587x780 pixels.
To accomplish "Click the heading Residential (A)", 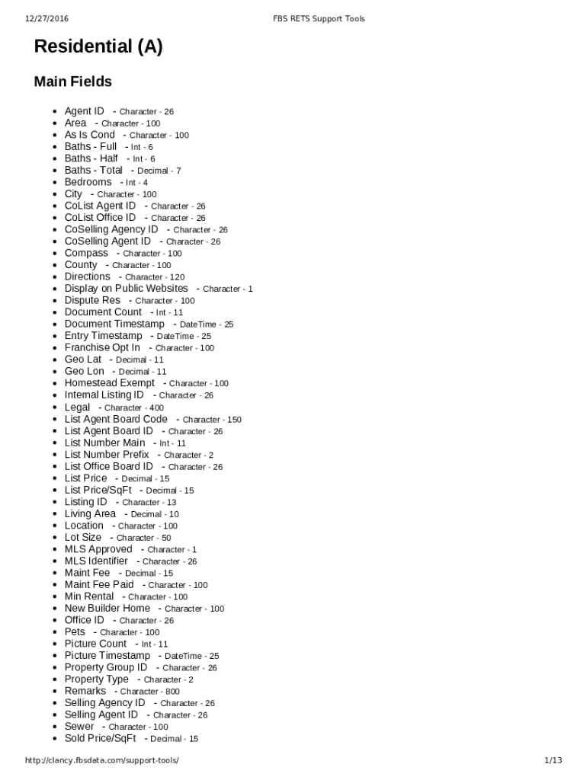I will click(98, 47).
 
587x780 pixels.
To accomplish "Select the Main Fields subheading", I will click(73, 82).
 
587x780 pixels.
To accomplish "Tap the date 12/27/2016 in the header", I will click(47, 18).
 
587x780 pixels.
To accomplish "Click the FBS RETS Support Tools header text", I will click(319, 18).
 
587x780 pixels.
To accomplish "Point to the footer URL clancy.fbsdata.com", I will click(102, 760).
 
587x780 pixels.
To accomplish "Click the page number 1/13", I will click(553, 760).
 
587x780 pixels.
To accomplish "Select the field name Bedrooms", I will click(88, 182).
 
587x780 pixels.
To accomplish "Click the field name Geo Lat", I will click(83, 360).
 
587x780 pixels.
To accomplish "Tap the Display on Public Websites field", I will click(126, 289).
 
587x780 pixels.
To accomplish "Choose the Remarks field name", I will click(85, 691).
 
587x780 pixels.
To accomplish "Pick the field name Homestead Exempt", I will click(110, 383).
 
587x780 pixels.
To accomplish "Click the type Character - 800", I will click(150, 692).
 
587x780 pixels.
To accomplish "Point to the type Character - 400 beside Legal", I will click(134, 408).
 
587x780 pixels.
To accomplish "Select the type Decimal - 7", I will click(159, 171).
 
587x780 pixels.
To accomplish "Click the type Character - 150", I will click(212, 420).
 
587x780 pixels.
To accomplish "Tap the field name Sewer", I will click(79, 727).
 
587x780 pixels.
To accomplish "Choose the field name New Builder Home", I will click(107, 608).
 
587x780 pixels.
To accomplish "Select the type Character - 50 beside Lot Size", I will click(143, 538).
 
